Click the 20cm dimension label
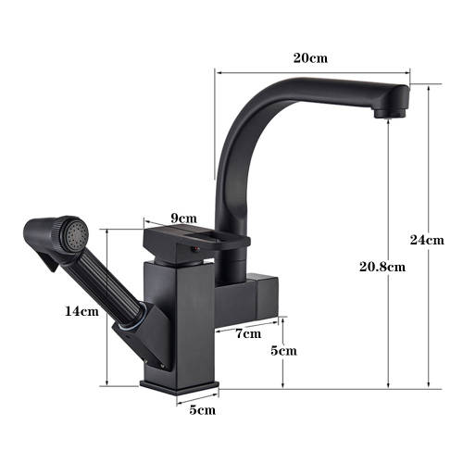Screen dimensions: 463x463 [x=310, y=57]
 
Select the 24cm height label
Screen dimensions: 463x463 [x=427, y=240]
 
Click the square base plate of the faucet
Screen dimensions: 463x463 [x=181, y=382]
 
